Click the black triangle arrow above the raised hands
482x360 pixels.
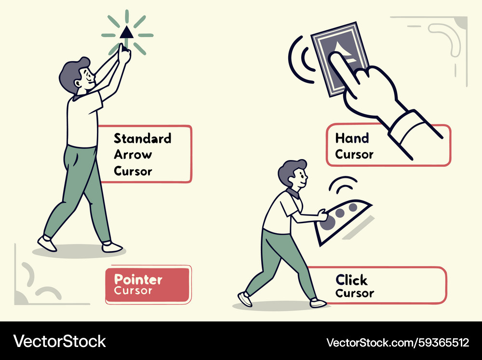coord(126,33)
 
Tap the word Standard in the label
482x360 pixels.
coord(142,138)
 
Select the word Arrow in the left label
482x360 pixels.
coord(133,154)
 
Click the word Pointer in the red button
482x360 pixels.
coord(138,280)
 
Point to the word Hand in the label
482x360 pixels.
coord(352,138)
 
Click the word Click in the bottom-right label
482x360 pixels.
coord(351,280)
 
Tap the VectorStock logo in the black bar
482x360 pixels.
coord(59,342)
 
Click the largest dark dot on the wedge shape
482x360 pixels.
coord(327,222)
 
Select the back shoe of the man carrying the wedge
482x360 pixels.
coord(245,299)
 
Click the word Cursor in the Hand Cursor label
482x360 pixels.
coord(354,154)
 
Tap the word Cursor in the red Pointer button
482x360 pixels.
coord(133,291)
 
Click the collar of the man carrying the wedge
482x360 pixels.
coord(293,194)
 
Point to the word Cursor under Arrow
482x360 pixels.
coord(133,171)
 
